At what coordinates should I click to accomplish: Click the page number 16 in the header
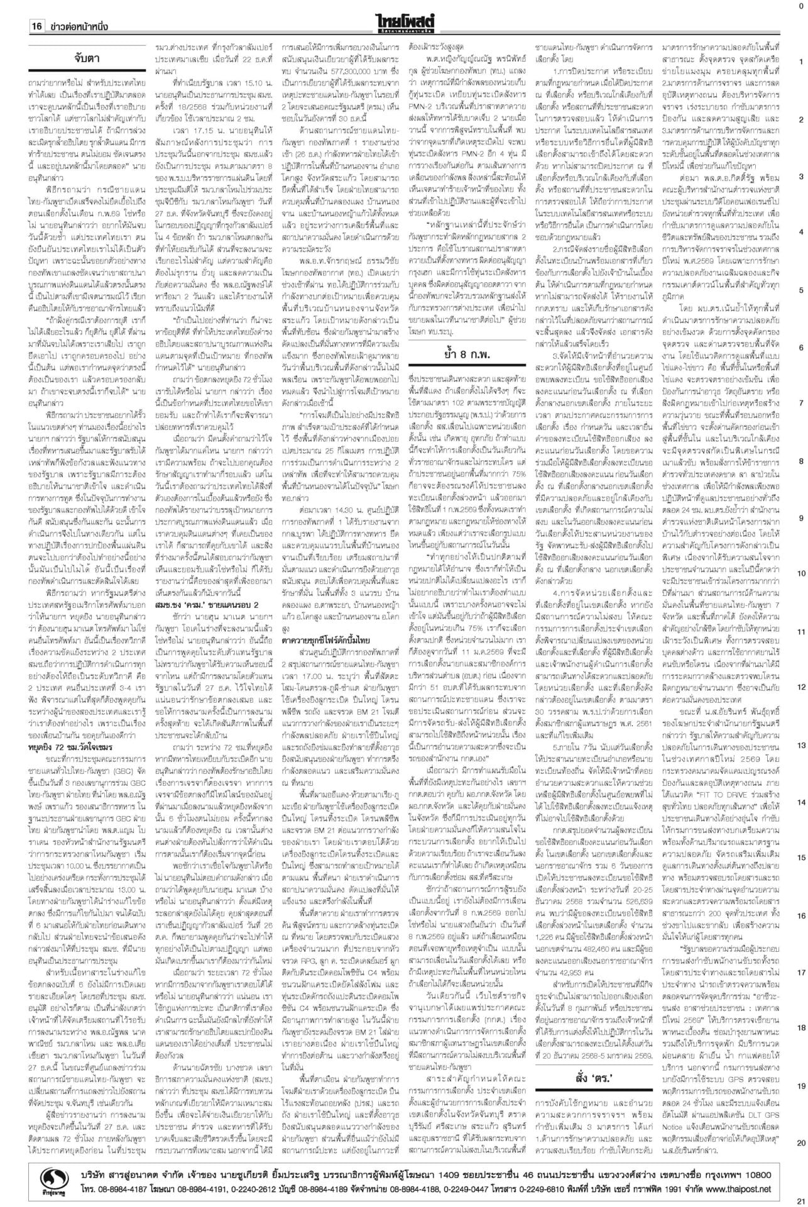click(36, 26)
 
